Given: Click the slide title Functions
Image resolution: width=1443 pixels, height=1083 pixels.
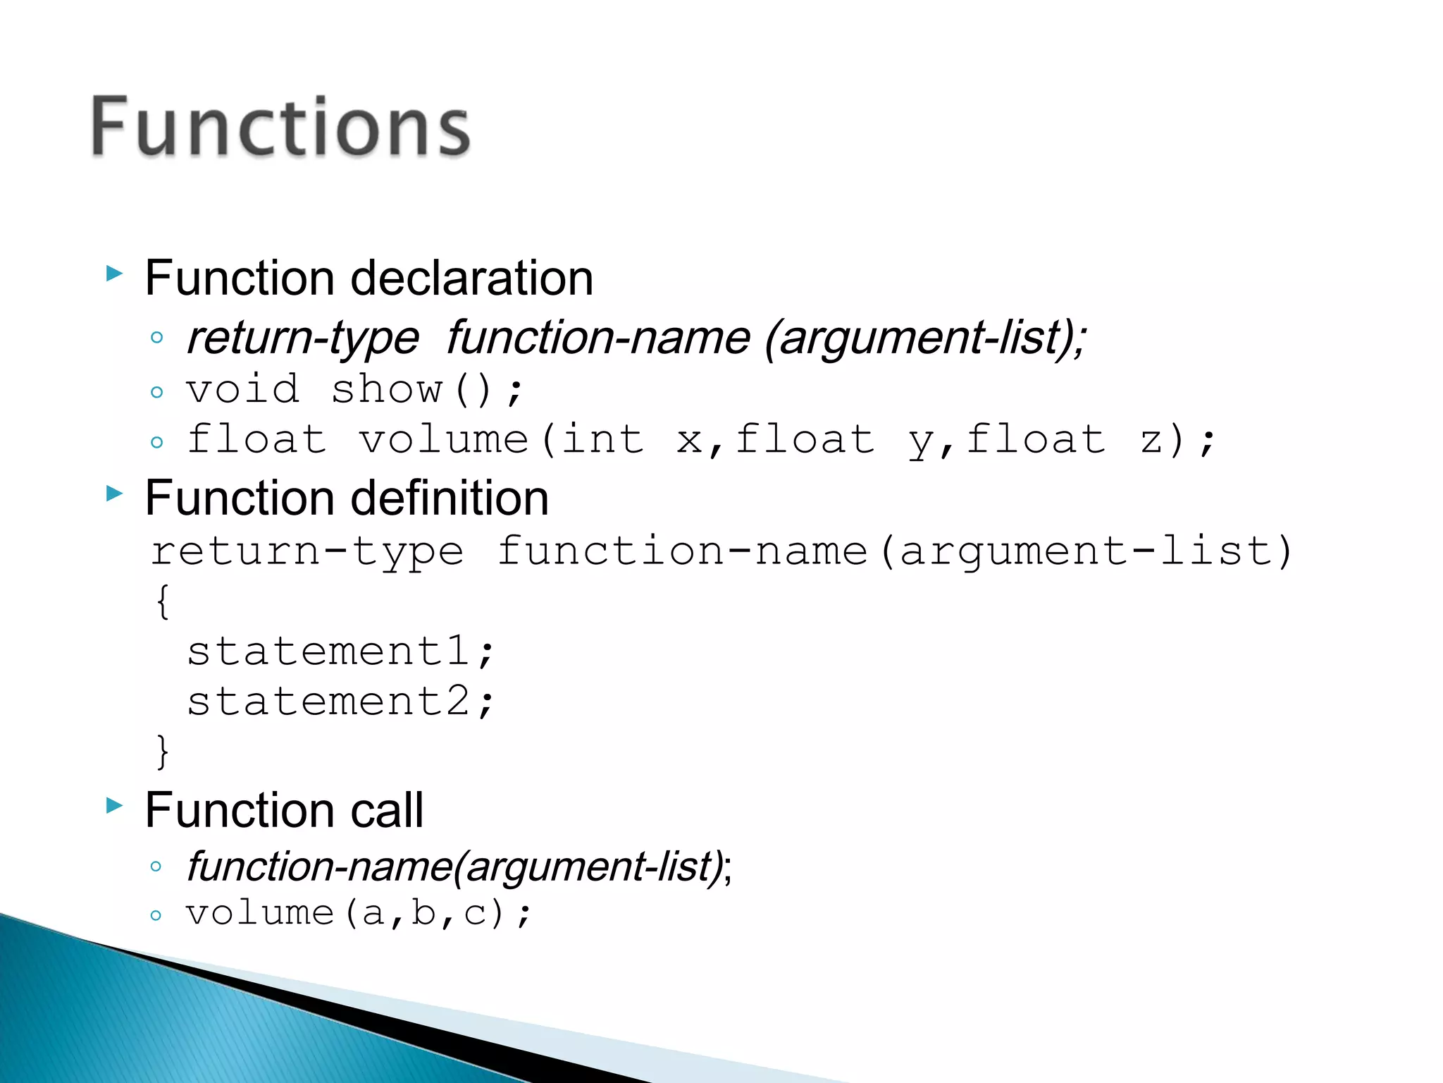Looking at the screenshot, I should coord(280,127).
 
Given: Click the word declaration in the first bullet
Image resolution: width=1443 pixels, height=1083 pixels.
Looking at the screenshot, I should coord(471,278).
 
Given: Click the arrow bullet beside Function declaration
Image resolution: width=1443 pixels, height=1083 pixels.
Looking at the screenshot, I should coord(114,274).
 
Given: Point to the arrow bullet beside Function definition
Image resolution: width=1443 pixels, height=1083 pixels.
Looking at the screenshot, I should coord(114,493).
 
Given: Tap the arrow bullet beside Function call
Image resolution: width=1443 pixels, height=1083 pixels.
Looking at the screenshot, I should coord(114,804).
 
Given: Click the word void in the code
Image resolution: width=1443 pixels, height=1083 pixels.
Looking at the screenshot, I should coord(243,389).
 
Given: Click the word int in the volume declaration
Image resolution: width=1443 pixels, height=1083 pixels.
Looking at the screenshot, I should coord(602,440).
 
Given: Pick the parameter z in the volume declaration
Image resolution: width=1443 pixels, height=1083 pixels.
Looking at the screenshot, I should coord(1151,440).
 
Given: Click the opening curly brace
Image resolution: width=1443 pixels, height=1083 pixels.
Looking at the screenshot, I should coord(163,601).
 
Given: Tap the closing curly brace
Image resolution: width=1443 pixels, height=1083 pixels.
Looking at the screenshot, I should coord(163,751).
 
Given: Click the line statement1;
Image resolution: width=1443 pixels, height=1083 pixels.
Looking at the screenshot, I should coord(341,651).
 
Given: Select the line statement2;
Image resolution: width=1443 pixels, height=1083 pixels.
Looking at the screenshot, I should coord(341,702).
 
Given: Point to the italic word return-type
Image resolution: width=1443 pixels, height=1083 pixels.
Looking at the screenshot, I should coord(303,338).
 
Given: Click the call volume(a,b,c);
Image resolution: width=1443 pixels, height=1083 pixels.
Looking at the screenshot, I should coord(358,914).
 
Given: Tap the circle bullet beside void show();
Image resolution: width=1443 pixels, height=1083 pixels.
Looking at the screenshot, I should coord(156,392).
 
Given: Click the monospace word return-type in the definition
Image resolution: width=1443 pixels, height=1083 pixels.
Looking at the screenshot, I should coord(307,551).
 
